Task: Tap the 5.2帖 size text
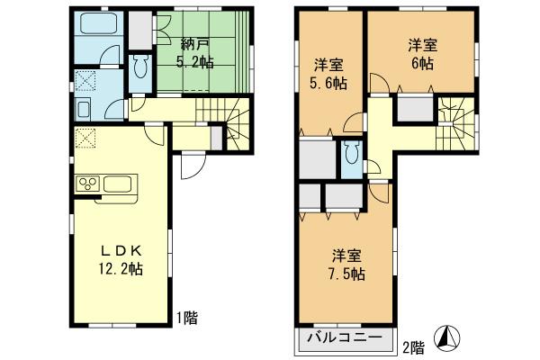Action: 195,62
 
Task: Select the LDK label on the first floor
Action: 118,249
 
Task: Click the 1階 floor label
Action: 186,317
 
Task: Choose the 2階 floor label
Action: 412,344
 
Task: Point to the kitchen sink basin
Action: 119,184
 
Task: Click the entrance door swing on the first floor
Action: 192,166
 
